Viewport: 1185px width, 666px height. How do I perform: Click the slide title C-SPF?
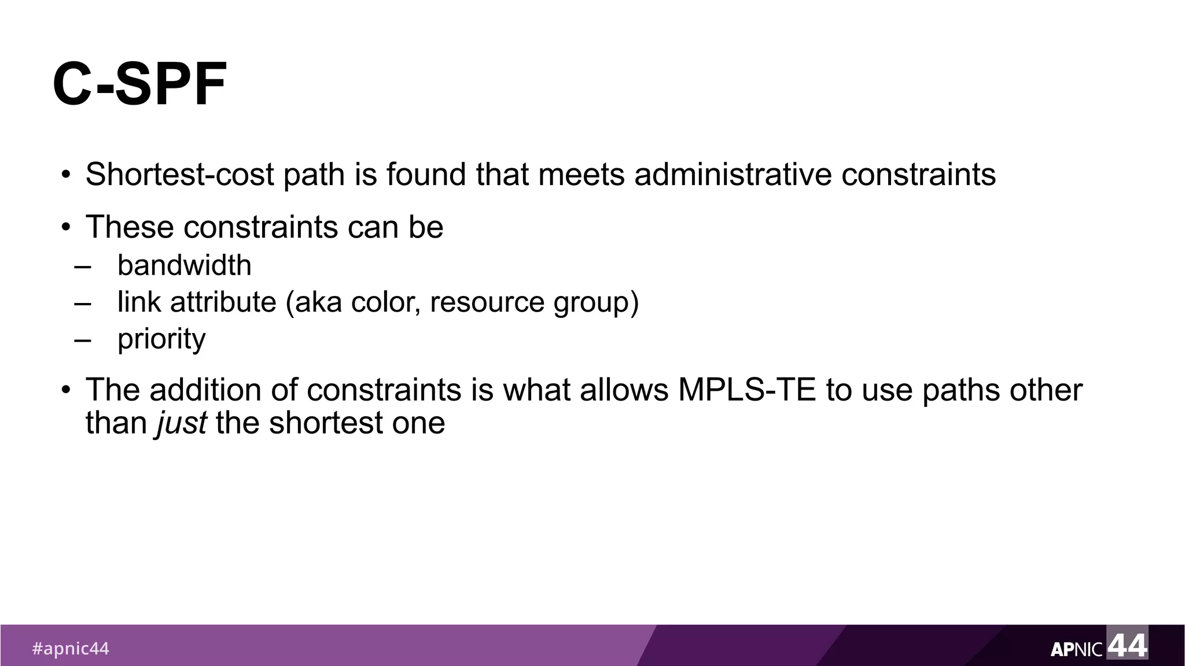click(x=139, y=85)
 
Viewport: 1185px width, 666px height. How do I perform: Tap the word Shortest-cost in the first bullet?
click(x=179, y=174)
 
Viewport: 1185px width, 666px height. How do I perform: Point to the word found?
click(x=426, y=174)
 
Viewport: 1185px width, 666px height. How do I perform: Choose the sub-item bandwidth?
click(x=184, y=265)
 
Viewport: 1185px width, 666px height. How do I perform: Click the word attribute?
click(x=223, y=302)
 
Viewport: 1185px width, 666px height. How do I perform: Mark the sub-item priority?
click(x=161, y=339)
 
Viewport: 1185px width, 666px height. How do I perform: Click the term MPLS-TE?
click(x=746, y=390)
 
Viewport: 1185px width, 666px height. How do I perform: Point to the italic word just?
click(x=181, y=423)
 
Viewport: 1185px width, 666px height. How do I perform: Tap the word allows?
click(x=624, y=390)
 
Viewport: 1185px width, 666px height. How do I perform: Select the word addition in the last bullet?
click(x=205, y=390)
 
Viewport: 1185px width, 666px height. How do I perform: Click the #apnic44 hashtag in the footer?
click(x=70, y=649)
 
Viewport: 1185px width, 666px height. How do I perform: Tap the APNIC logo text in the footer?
click(x=1076, y=650)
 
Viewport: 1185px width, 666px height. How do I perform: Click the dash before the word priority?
click(x=83, y=339)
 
